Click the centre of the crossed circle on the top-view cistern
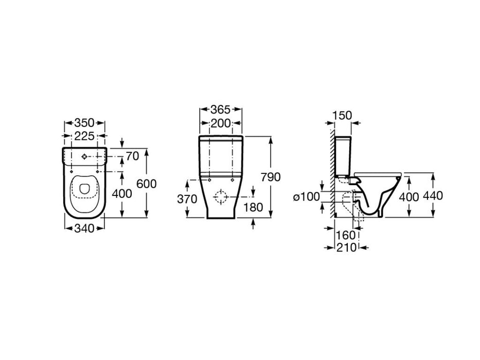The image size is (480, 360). tap(84, 157)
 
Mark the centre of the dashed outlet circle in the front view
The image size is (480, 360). tap(220, 197)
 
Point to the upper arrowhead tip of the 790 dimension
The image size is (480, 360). tap(271, 136)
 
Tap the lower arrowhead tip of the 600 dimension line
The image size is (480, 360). tap(147, 218)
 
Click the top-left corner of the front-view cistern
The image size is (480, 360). tap(199, 136)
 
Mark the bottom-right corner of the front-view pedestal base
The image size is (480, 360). tap(235, 218)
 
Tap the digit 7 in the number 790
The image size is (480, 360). tap(264, 177)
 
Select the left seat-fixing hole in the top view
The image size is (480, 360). tap(72, 171)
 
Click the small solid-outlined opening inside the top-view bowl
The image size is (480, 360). tap(84, 189)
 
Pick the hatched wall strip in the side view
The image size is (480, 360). tap(332, 173)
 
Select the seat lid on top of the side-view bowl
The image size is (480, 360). tap(378, 174)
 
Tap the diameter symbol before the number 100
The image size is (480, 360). tap(296, 197)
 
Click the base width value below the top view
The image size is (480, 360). tap(84, 228)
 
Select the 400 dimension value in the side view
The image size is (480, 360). tap(408, 197)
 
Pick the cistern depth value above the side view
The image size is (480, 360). tap(342, 115)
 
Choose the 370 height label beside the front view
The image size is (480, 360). tap(187, 199)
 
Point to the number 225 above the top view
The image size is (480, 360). tap(84, 136)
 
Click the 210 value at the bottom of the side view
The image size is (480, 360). tap(347, 247)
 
